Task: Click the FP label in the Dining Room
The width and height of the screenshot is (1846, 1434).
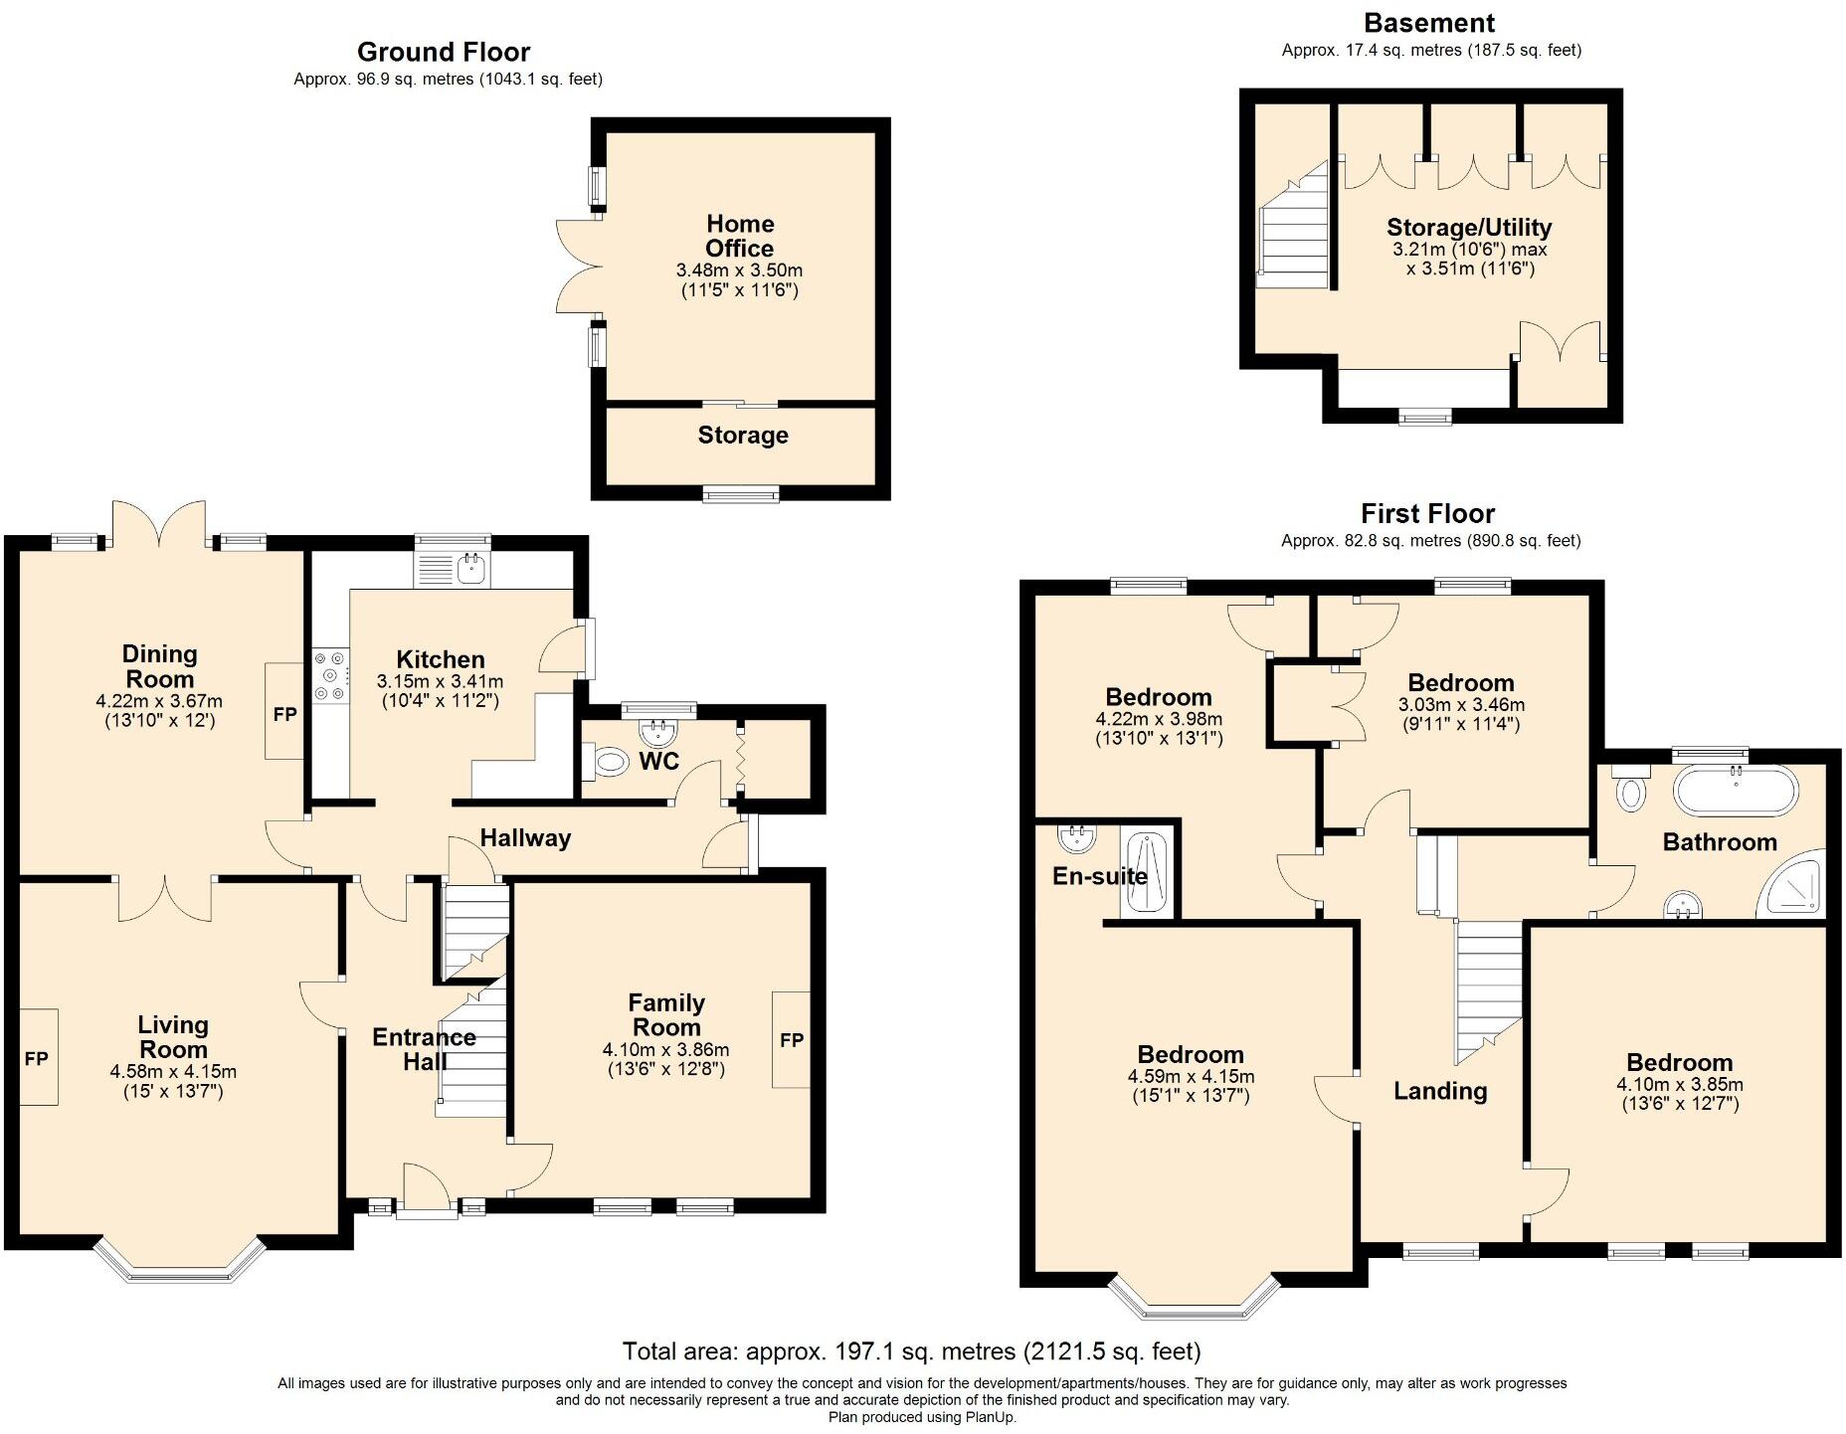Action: [x=284, y=714]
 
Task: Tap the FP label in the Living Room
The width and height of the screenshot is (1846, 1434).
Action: [x=36, y=1059]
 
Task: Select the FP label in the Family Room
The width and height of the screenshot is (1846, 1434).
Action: [x=792, y=1040]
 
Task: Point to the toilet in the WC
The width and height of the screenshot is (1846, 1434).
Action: [x=610, y=763]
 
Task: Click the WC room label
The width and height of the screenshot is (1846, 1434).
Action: [x=658, y=761]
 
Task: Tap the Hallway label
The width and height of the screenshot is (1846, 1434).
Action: [x=525, y=838]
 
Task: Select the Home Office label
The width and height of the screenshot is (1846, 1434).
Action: [x=740, y=236]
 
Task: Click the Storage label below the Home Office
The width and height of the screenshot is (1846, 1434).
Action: [x=743, y=435]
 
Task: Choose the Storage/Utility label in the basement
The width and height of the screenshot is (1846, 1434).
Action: [x=1469, y=227]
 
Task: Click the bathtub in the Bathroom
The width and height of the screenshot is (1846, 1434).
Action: [x=1737, y=793]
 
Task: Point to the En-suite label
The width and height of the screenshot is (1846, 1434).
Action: [x=1100, y=876]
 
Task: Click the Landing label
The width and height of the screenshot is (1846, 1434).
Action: [x=1440, y=1091]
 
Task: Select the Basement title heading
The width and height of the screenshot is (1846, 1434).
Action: [x=1429, y=23]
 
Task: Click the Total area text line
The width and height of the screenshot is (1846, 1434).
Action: [x=911, y=1350]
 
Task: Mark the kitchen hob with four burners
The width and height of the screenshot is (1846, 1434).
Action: [x=330, y=675]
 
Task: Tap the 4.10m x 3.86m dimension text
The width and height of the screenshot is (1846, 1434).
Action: [x=665, y=1050]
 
